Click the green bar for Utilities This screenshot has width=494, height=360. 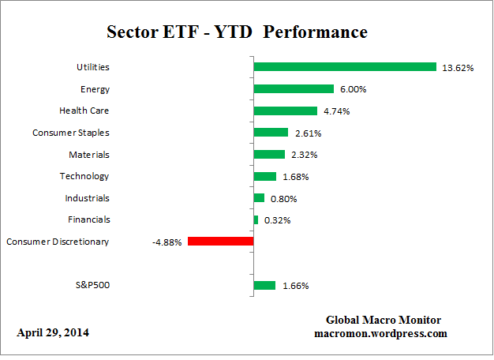coord(345,67)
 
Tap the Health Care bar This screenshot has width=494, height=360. coord(285,111)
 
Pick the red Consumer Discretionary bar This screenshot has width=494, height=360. coord(220,242)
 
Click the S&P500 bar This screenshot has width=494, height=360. coord(264,285)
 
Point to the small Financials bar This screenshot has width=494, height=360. coord(256,219)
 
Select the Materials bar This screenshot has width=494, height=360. coord(269,154)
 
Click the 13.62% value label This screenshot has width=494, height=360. coord(458,68)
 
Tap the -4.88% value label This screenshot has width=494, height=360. coord(167,242)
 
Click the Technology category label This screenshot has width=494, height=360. coord(84,176)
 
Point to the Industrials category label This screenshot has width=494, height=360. coord(87,198)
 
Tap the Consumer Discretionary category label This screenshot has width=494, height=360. coord(58,242)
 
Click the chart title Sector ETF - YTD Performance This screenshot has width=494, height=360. coord(237,32)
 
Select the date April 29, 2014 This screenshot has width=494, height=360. coord(53,332)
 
